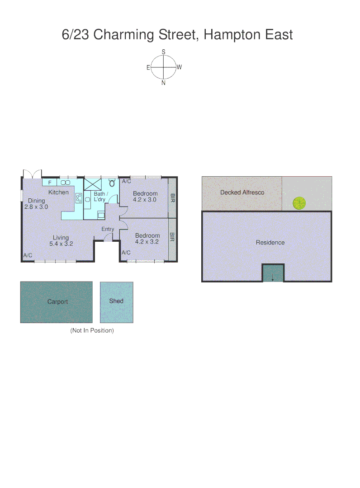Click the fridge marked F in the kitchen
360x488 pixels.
[50, 183]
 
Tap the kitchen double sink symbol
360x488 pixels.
[66, 183]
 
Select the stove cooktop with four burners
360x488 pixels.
[78, 197]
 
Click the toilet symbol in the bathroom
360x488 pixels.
[112, 183]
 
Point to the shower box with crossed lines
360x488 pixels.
[92, 184]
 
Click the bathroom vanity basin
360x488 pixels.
[87, 199]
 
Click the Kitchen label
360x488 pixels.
[58, 192]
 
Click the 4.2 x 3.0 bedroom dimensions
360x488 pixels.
[145, 199]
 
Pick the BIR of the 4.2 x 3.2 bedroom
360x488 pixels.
[172, 238]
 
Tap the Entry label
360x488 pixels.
[108, 229]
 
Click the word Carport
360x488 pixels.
[57, 302]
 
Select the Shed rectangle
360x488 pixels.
[116, 302]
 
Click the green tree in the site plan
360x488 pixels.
[298, 203]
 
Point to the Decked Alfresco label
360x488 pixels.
[242, 192]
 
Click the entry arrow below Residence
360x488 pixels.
[273, 277]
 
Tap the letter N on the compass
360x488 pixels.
[163, 83]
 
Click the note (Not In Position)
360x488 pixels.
[92, 331]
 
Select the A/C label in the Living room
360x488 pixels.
[28, 256]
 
